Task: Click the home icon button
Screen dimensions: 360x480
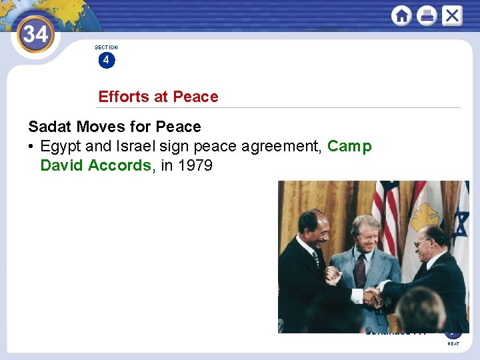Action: [x=401, y=15]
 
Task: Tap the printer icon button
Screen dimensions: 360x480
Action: [x=427, y=15]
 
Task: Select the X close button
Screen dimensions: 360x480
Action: [x=451, y=15]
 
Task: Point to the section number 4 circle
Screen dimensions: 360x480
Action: [x=106, y=61]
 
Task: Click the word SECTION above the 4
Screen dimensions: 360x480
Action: [x=106, y=47]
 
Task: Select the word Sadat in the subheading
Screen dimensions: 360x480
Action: [x=48, y=127]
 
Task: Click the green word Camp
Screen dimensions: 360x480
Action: [x=349, y=146]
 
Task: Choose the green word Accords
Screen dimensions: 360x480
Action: [x=120, y=165]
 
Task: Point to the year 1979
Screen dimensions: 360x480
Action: [x=195, y=165]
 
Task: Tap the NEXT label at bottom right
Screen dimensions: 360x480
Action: [x=453, y=344]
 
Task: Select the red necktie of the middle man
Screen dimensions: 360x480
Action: [x=361, y=270]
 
